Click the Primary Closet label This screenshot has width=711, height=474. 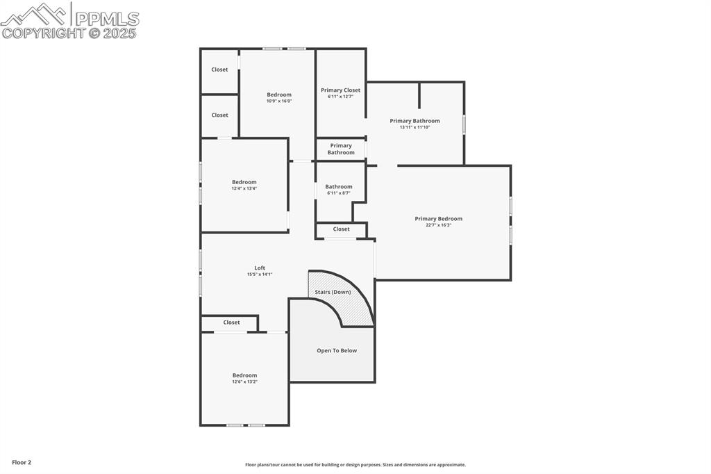click(340, 90)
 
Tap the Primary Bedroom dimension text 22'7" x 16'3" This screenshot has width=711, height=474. click(439, 225)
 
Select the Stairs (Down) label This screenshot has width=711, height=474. click(333, 292)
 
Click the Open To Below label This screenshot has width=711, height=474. click(337, 350)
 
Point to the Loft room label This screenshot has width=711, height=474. click(260, 268)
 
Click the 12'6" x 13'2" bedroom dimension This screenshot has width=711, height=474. click(244, 382)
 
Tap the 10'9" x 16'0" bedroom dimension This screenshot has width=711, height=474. click(279, 101)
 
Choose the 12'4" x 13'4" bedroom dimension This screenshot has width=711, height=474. click(244, 188)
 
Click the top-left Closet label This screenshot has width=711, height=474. click(219, 70)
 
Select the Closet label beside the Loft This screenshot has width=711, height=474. click(231, 322)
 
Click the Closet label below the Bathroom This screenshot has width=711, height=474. click(341, 229)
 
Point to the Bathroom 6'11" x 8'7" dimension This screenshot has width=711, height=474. click(339, 193)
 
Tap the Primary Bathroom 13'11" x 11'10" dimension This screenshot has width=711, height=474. click(415, 127)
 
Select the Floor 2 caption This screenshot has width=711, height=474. click(22, 462)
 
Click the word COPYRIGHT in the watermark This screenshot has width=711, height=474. click(44, 33)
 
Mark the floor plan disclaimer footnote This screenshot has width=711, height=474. click(355, 465)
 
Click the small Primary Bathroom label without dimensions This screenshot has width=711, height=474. click(340, 149)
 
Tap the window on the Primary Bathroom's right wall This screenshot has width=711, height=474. click(464, 124)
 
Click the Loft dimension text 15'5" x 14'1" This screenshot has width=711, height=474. click(260, 275)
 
